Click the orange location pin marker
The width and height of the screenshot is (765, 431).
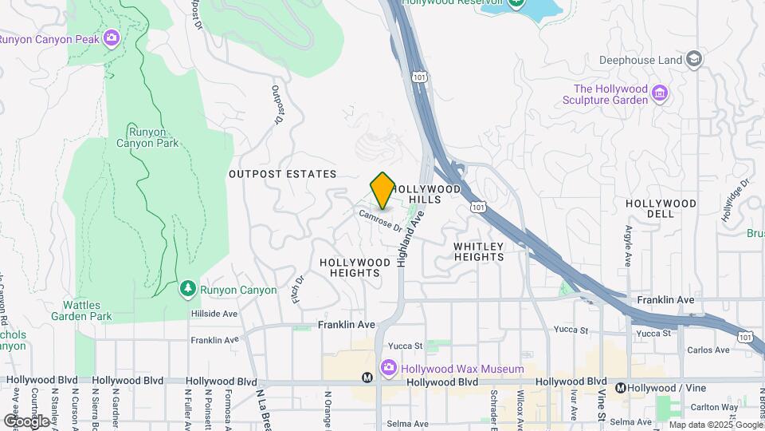[x=382, y=190]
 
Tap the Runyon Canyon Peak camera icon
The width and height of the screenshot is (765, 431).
[x=112, y=38]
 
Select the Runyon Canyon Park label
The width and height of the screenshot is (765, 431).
[x=147, y=137]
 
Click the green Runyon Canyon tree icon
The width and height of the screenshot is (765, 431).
[x=187, y=287]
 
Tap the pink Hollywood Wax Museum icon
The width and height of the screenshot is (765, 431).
[x=389, y=369]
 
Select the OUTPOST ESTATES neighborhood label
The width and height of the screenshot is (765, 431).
[x=282, y=174]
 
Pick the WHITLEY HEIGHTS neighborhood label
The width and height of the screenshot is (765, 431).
[x=479, y=251]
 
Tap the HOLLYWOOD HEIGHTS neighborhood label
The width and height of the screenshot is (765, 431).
[x=355, y=267]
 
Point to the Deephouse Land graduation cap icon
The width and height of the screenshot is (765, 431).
[x=695, y=59]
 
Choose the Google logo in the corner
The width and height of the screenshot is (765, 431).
[x=25, y=420]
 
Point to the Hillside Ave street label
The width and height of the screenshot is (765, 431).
[x=214, y=314]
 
